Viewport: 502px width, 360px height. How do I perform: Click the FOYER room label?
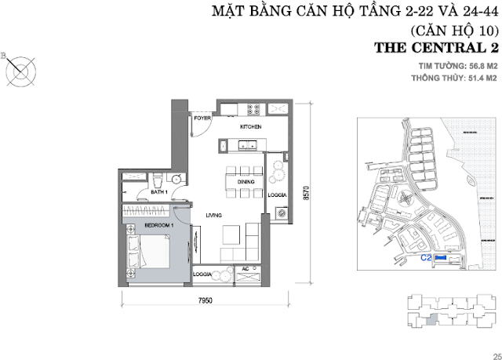point(202,118)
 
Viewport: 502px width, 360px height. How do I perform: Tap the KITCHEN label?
point(251,127)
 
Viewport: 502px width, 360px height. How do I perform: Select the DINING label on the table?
point(246,182)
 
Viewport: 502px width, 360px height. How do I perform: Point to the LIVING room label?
point(214,216)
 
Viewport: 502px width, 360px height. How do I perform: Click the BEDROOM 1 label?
point(159,225)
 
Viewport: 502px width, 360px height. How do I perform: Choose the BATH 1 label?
point(159,192)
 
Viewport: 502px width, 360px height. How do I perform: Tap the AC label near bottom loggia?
point(246,269)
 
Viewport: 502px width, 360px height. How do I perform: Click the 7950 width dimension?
point(206,300)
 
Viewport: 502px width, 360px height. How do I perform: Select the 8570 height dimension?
point(307,193)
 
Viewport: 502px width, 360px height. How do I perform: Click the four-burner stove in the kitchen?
point(253,110)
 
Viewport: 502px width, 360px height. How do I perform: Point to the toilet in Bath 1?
point(158,180)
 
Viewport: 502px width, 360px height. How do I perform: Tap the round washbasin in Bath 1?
point(177,179)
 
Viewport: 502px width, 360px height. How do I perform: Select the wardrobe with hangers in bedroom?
point(146,210)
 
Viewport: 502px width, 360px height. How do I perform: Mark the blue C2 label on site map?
point(426,257)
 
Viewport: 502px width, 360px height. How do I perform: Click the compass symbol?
point(21,71)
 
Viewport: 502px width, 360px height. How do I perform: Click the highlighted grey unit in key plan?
point(431,320)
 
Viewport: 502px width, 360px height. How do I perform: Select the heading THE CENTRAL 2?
point(436,48)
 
